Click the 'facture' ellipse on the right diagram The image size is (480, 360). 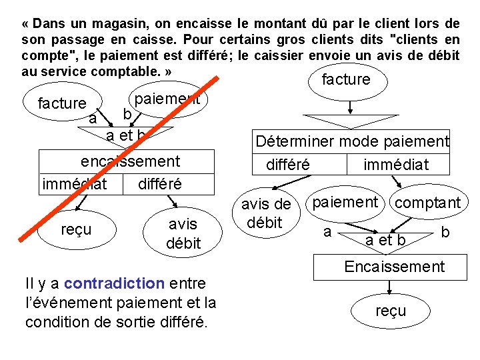pos(345,80)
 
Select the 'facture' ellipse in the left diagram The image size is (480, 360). pos(62,103)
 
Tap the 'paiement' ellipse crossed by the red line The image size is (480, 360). pos(167,100)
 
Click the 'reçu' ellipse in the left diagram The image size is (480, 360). pos(77,230)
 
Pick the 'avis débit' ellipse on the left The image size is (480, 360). pos(183,233)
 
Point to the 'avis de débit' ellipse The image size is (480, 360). pos(265,214)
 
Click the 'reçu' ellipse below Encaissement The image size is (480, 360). pos(391,311)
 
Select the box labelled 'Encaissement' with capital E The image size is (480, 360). pos(393,267)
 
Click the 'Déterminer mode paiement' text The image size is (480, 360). pos(352,141)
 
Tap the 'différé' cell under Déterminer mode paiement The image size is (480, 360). pos(288,164)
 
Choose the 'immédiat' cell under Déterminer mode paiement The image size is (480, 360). pos(396,164)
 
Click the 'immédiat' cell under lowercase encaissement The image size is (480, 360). pos(74,183)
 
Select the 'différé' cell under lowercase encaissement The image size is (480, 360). pos(159,183)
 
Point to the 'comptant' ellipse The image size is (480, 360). pos(427,203)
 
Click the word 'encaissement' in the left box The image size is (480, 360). pos(130,161)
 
